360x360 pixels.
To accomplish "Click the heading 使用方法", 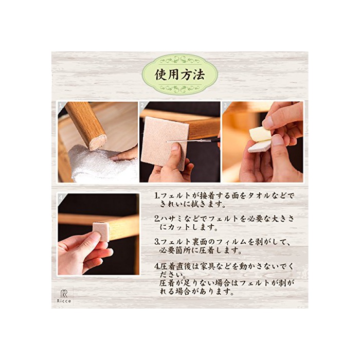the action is point(180,75).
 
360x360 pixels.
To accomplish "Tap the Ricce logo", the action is point(64,296).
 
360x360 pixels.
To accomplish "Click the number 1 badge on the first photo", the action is point(61,106).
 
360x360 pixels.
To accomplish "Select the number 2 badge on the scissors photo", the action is point(142,105).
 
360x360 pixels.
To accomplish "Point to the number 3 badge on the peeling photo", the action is point(225,105).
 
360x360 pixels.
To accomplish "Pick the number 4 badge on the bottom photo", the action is point(61,197).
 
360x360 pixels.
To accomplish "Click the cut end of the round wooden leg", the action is point(98,142).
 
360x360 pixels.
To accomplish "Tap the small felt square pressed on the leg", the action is point(101,231).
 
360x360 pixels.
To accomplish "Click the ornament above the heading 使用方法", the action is point(180,60).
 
